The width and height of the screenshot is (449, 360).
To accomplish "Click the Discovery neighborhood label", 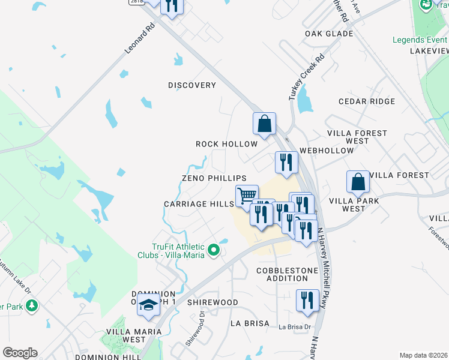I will pos(191,85).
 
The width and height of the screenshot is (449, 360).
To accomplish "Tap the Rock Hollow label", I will pos(226,144).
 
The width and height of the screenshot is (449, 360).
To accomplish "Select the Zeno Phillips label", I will pos(214,179).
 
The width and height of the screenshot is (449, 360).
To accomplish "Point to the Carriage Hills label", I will pos(199,204).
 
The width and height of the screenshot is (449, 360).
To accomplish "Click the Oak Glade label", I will pos(328,34).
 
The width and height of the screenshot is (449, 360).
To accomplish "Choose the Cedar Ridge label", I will pos(367,102).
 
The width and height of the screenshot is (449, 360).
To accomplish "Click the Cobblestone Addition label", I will pos(286,275).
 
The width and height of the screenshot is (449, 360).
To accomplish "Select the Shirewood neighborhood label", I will pos(212,302).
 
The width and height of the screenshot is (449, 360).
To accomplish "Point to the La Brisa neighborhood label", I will pos(250,323).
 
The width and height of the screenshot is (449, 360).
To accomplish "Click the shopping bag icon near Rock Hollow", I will pos(264,124).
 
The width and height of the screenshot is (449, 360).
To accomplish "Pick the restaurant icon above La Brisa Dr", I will pos(307,301).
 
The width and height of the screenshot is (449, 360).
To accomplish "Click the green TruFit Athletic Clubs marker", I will pos(212,249).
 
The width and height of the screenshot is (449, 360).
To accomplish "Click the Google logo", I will pos(20,353).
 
